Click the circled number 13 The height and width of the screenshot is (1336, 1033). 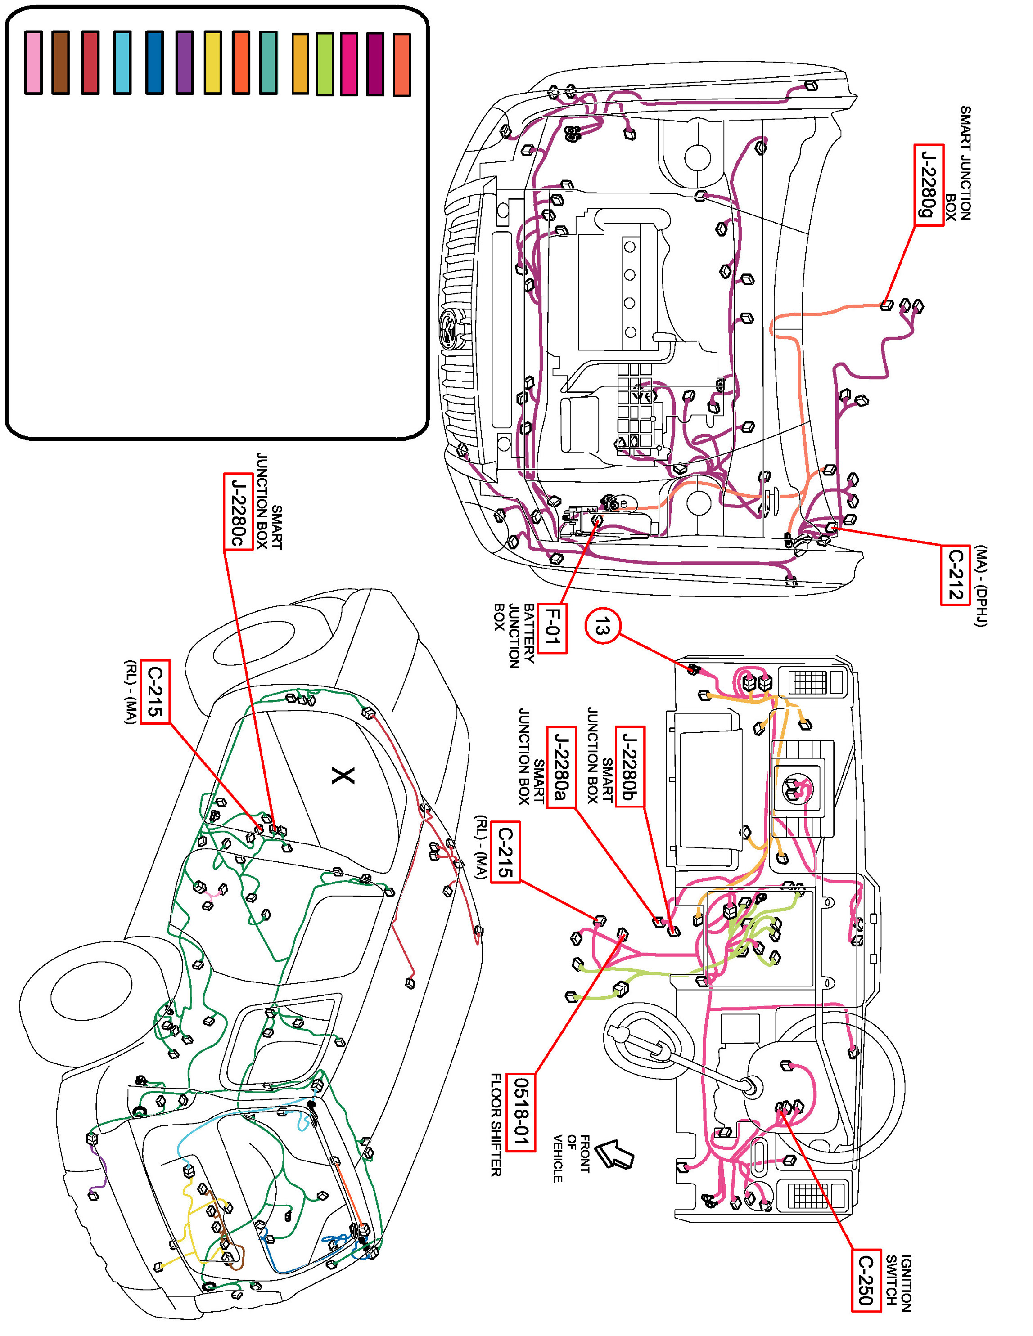(603, 627)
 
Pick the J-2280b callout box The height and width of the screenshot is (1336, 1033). (630, 767)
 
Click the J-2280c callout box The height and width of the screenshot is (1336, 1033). (238, 512)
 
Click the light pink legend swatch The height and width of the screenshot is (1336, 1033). (34, 63)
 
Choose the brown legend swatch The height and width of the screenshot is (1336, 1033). (61, 63)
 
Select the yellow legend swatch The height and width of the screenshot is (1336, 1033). (212, 63)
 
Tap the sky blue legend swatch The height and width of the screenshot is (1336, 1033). (122, 63)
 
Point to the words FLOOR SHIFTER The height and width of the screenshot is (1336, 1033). (496, 1124)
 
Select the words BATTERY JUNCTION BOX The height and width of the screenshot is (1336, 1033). (514, 634)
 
